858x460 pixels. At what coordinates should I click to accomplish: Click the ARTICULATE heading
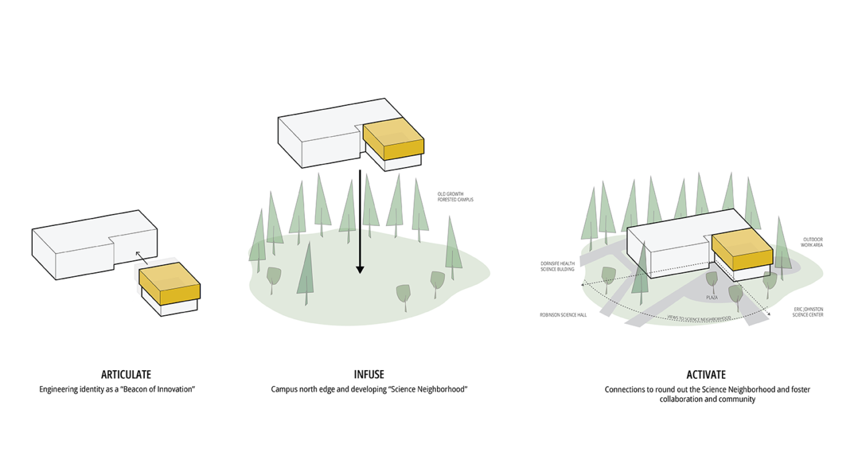click(x=126, y=375)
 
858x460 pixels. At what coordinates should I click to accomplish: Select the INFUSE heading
click(x=369, y=375)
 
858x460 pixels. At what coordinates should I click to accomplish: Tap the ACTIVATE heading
click(x=706, y=375)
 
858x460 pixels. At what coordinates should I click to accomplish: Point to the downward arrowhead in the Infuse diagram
click(x=360, y=269)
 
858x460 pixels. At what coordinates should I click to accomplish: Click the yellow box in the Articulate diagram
click(x=170, y=287)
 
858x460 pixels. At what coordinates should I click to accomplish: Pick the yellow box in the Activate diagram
click(x=741, y=251)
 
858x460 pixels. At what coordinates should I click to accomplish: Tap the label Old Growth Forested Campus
click(x=455, y=197)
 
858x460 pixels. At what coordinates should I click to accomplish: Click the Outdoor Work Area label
click(x=812, y=242)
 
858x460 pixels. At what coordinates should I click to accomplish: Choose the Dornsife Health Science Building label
click(x=558, y=266)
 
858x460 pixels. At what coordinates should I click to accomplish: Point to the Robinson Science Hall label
click(x=563, y=314)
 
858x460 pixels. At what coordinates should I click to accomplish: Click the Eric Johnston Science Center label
click(x=808, y=312)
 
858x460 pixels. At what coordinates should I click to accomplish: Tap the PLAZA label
click(x=712, y=296)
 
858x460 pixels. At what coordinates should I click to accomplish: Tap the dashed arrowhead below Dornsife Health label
click(x=583, y=284)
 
